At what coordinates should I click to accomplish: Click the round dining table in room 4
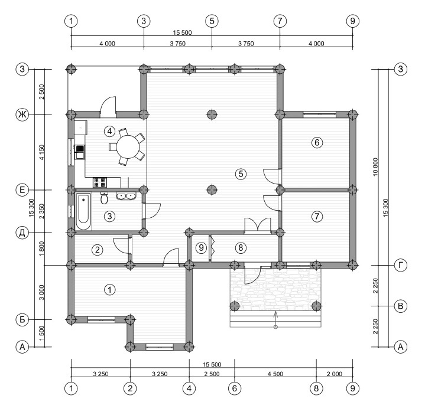click(128, 147)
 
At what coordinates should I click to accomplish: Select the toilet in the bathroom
click(104, 198)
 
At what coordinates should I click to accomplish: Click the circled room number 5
click(241, 174)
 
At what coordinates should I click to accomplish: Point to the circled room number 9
click(201, 247)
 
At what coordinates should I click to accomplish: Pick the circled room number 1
click(109, 290)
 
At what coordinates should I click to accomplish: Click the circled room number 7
click(317, 216)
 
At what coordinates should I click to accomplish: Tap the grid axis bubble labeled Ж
click(22, 115)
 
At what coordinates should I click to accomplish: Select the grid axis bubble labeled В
click(400, 306)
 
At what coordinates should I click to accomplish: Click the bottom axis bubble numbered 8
click(316, 388)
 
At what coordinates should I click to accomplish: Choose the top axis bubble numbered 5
click(212, 21)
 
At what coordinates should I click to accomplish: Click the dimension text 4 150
click(41, 152)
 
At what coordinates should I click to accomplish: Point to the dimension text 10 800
click(375, 167)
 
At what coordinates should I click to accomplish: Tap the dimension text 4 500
click(275, 374)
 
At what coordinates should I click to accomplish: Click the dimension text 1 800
click(41, 248)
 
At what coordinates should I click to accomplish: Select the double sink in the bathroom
click(126, 196)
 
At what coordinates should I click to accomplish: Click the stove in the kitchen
click(99, 182)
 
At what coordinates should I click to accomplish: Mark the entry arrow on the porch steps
click(275, 320)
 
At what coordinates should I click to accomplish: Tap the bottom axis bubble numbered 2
click(130, 388)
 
